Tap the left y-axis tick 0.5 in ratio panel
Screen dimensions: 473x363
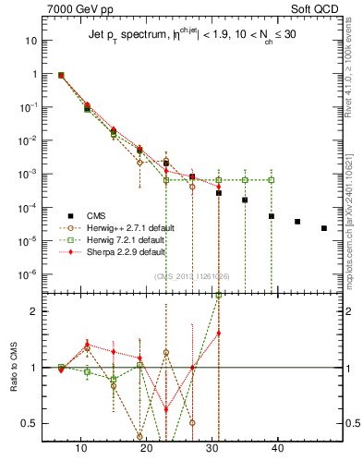point(30,423)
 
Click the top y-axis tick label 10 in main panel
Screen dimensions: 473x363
point(31,41)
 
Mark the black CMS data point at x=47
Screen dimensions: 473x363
point(323,228)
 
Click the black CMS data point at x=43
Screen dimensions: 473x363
point(297,222)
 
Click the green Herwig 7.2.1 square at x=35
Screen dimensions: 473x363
point(246,179)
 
